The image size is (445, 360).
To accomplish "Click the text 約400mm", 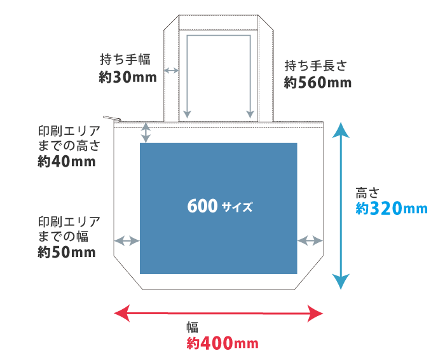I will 222,343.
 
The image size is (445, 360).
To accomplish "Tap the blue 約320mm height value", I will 391,208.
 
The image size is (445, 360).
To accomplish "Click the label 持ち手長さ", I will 316,66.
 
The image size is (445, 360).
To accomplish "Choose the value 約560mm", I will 317,83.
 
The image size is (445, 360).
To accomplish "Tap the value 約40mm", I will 67,162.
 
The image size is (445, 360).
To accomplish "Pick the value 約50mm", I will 67,253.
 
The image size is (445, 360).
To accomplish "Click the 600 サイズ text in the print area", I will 219,207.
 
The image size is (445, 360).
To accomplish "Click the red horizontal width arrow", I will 219,313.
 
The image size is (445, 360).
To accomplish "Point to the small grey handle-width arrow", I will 171,70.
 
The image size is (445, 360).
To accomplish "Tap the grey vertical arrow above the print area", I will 146,133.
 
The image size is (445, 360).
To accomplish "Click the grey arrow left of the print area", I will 127,240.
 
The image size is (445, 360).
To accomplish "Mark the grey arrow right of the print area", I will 310,240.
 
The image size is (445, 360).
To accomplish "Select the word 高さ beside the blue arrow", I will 367,192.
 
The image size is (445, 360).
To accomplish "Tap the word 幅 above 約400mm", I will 192,328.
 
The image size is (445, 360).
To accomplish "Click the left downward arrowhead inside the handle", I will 187,114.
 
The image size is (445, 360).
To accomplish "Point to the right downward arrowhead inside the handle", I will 250,114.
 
